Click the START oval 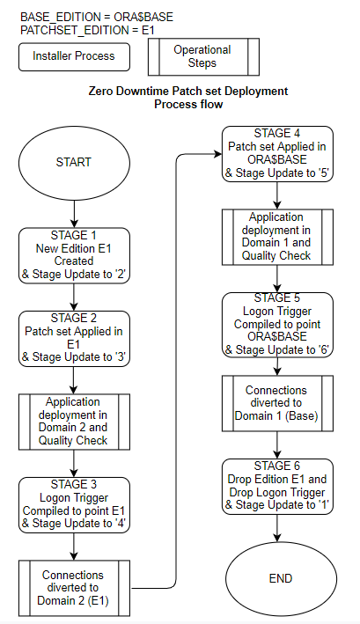pos(73,163)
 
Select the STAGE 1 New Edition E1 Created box pos(73,254)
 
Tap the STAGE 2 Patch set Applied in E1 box pos(73,339)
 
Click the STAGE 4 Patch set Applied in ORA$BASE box pos(277,154)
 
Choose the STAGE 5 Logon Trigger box pos(277,322)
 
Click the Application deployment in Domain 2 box pos(73,422)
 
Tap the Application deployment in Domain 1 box pos(277,237)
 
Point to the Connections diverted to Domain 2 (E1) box pos(73,587)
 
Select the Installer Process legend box pos(73,56)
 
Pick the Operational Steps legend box pos(202,56)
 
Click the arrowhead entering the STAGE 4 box pos(217,154)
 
